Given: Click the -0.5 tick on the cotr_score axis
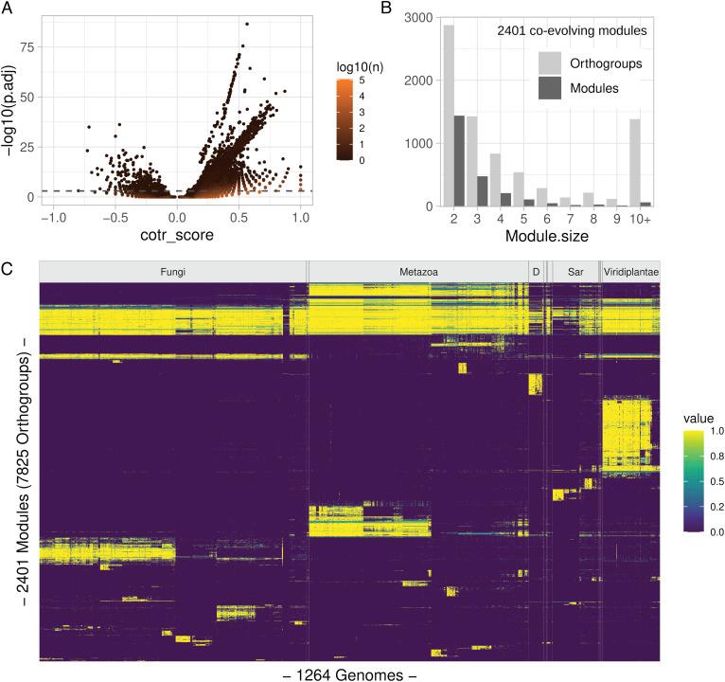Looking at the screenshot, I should tap(114, 217).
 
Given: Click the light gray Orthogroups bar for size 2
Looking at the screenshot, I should tap(449, 116).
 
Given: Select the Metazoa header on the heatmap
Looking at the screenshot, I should tap(417, 272).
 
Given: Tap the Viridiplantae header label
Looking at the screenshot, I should tap(631, 272).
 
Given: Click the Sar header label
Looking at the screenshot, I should tap(575, 272).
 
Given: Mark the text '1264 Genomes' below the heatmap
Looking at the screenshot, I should tap(349, 674).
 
